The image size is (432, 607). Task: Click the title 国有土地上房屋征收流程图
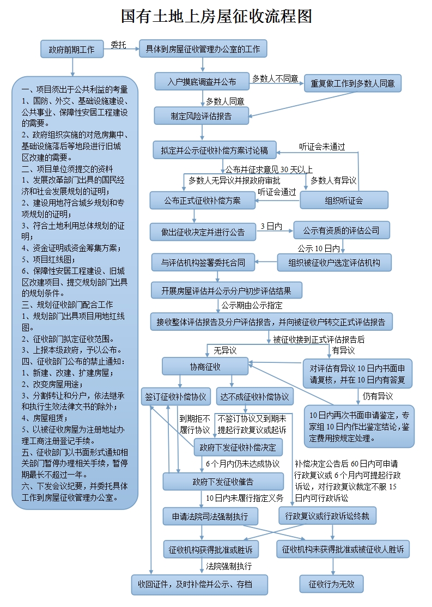216,16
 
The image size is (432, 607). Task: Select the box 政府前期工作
71,50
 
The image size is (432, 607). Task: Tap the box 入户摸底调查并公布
202,82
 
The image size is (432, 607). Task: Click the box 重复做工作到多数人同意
352,84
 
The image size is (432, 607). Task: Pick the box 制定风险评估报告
202,116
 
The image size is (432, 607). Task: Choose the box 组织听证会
344,201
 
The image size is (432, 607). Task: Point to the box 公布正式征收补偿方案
202,201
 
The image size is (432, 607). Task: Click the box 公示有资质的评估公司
342,230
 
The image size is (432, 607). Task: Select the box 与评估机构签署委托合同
203,263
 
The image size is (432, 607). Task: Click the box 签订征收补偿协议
175,397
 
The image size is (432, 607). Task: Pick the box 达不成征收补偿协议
255,397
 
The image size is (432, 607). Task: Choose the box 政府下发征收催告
223,482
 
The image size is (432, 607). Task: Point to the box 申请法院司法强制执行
210,515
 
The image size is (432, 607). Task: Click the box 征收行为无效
331,585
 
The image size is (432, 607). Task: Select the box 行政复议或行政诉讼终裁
327,515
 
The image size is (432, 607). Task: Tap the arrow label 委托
118,45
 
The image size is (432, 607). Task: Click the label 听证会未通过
322,147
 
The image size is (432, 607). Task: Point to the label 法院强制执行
229,566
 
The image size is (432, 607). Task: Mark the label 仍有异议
378,396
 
